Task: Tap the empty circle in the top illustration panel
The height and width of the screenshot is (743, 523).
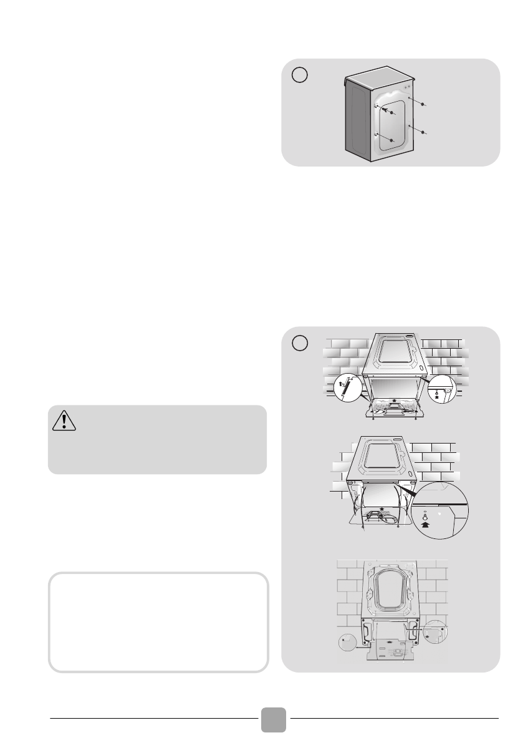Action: [300, 74]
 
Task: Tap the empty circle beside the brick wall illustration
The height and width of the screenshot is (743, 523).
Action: [300, 342]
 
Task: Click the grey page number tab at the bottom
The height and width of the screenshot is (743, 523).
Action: [274, 720]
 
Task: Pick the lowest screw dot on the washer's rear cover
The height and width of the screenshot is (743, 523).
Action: [391, 141]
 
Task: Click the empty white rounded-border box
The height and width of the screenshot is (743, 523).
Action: [158, 622]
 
